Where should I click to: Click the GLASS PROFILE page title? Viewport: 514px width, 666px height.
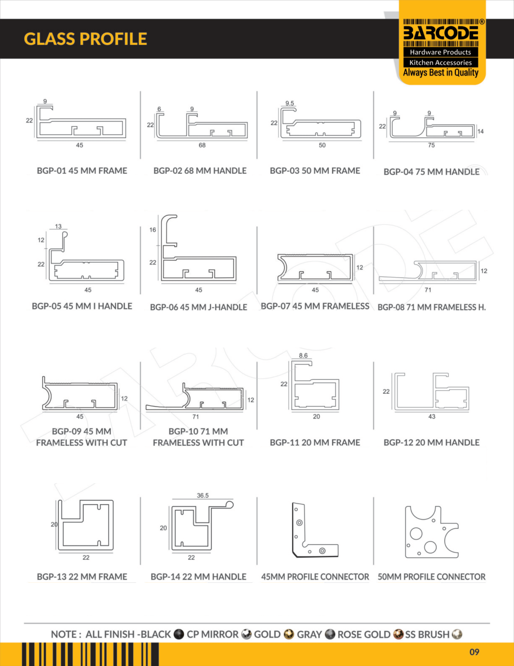[x=86, y=39]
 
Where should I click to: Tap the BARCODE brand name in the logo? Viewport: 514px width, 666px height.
[x=441, y=33]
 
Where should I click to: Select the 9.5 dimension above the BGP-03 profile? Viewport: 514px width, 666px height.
[x=290, y=103]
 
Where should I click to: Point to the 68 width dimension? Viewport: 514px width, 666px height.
[x=202, y=145]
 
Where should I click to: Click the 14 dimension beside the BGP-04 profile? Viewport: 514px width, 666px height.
[x=480, y=131]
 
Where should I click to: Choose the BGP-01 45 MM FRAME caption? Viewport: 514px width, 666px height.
[x=82, y=171]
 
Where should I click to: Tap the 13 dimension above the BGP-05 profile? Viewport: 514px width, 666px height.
[x=58, y=226]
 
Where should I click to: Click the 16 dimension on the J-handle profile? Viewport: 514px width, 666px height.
[x=153, y=230]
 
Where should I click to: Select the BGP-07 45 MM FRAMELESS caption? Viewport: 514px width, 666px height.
[x=315, y=306]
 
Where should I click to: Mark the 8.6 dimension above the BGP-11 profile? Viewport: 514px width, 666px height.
[x=303, y=355]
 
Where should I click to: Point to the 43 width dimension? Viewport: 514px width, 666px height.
[x=432, y=417]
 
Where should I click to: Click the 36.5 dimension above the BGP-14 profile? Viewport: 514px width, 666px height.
[x=203, y=496]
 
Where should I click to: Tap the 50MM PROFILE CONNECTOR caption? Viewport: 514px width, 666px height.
[x=431, y=577]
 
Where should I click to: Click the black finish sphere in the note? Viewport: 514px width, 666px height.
[x=179, y=634]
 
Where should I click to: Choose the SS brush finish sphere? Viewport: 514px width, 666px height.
[x=457, y=634]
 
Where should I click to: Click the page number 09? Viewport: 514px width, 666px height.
[x=474, y=652]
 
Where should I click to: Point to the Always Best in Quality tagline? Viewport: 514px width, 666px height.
[x=441, y=73]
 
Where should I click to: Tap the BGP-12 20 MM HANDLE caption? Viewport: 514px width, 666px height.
[x=431, y=443]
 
